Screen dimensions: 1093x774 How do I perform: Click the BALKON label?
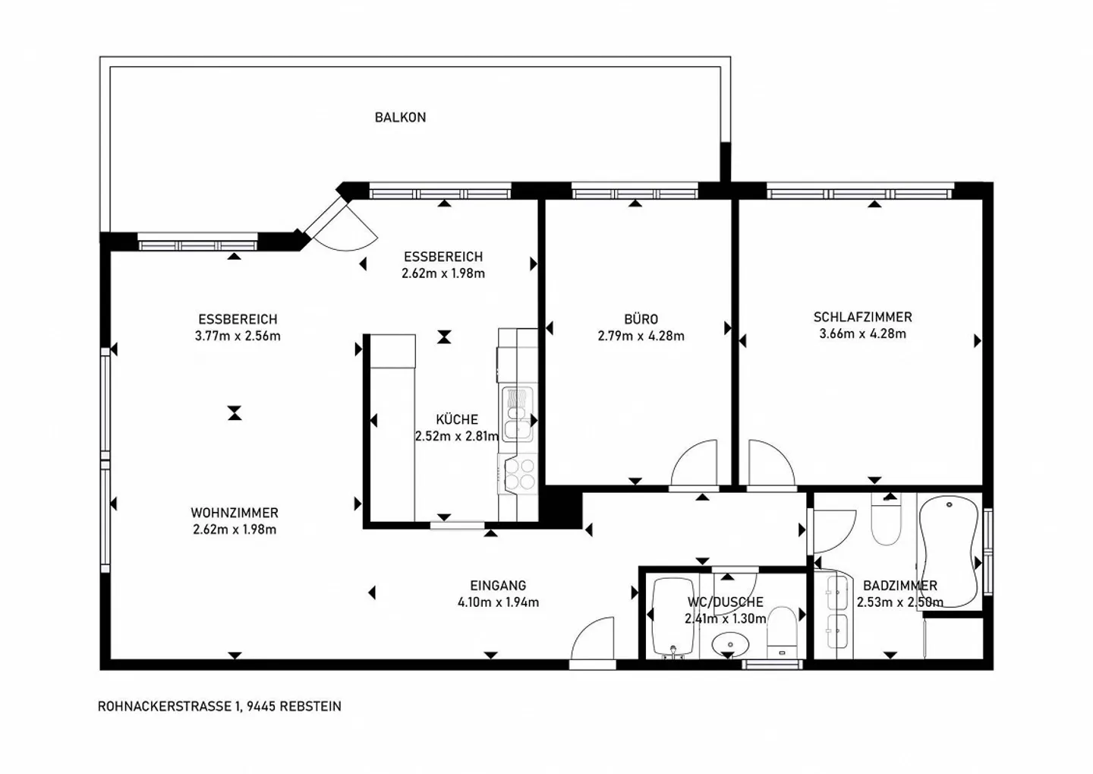coord(400,118)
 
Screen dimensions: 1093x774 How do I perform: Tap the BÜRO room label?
coord(641,319)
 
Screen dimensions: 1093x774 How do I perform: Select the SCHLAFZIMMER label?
coord(863,317)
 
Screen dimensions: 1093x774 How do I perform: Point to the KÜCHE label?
coord(457,419)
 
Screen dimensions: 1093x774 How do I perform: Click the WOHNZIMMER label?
coord(235,513)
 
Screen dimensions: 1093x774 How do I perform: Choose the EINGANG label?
coord(498,586)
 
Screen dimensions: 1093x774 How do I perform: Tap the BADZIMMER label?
coord(900,586)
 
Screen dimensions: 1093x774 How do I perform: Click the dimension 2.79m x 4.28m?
coord(641,336)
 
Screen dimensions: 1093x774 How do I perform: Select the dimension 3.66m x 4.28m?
coord(863,334)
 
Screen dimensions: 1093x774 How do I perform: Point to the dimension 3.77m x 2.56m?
coord(238,336)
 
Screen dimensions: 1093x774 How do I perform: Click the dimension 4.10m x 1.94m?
coord(498,602)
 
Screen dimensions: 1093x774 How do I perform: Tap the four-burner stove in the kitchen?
coord(520,474)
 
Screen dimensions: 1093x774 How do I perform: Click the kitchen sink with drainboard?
coord(518,415)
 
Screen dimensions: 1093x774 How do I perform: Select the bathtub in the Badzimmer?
coord(949,551)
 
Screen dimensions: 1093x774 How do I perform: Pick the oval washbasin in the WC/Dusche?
coord(730,645)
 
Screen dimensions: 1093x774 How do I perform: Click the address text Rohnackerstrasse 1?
coord(170,706)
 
